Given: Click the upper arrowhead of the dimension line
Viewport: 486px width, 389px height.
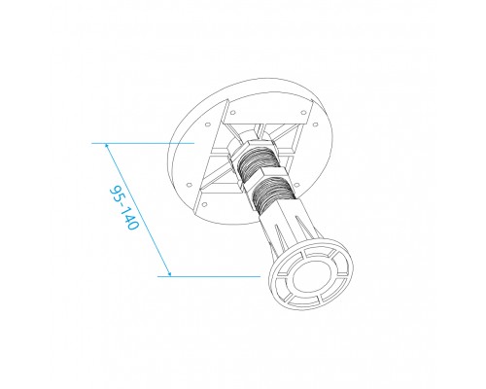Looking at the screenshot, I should [106, 146].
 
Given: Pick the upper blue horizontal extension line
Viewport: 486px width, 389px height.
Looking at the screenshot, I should [146, 143].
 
